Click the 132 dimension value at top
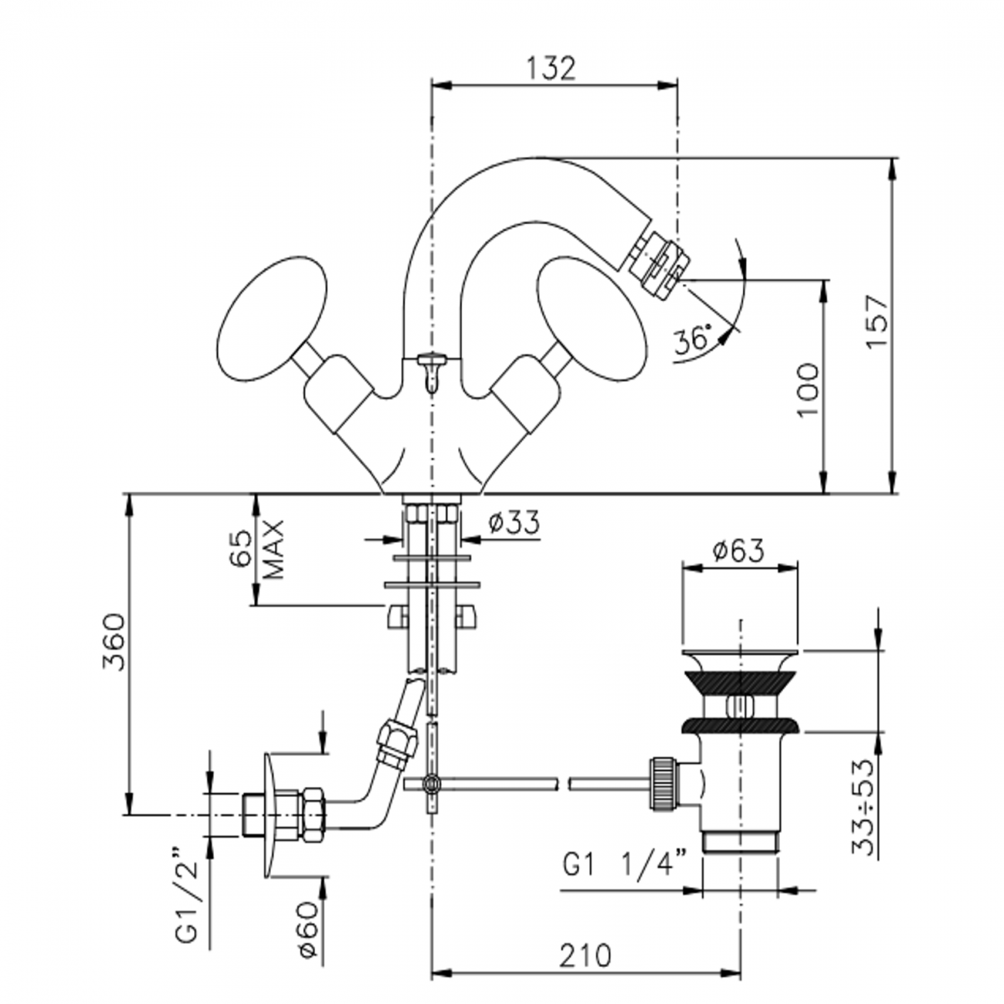(551, 68)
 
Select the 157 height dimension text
(878, 321)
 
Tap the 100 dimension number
(808, 389)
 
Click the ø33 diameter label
(514, 523)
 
